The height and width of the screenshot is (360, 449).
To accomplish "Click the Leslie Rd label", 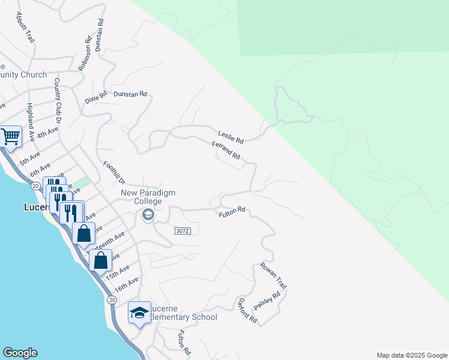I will [x=231, y=137].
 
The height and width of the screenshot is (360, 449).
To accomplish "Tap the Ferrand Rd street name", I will [x=226, y=150].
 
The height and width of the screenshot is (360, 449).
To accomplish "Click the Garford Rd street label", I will [x=248, y=311].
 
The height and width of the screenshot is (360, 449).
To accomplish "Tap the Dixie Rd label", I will [x=95, y=97].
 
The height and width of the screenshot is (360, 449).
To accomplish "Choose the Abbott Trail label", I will [x=26, y=28].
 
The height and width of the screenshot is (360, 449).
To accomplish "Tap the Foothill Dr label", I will [x=113, y=173].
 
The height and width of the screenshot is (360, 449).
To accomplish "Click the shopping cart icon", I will [x=11, y=136].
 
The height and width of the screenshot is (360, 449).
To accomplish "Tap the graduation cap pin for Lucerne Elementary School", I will [x=139, y=313].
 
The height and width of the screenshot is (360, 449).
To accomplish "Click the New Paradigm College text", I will [x=142, y=197].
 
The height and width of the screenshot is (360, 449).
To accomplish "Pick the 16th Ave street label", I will [x=127, y=284].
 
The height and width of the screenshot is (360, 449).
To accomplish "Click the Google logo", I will [x=20, y=353].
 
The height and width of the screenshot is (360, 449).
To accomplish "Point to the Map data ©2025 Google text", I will [x=412, y=355].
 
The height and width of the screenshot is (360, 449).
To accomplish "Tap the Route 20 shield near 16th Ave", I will [x=112, y=299].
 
